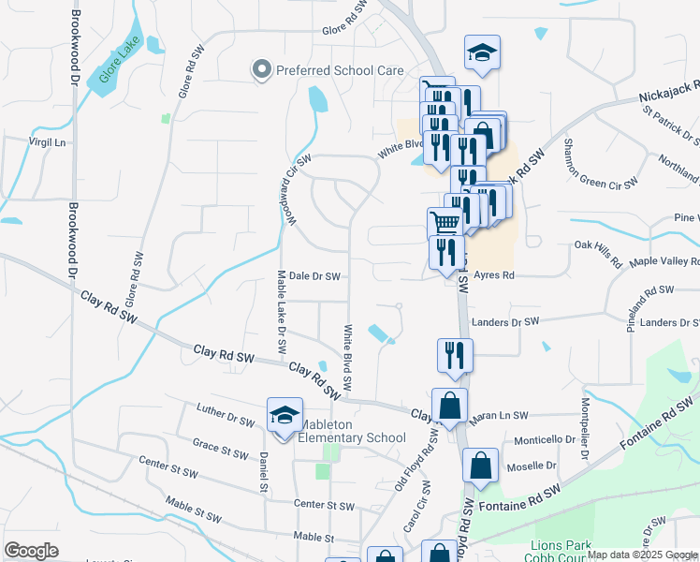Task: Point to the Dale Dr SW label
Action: click(x=314, y=276)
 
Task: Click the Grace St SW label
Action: click(x=220, y=444)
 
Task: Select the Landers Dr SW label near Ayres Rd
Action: click(x=506, y=322)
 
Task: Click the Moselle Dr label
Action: click(x=532, y=466)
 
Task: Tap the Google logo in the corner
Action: click(x=31, y=552)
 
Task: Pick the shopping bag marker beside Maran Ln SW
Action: click(x=450, y=406)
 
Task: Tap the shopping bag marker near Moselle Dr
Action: click(x=480, y=466)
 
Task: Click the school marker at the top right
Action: click(x=482, y=53)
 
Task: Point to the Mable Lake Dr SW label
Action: click(x=282, y=313)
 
